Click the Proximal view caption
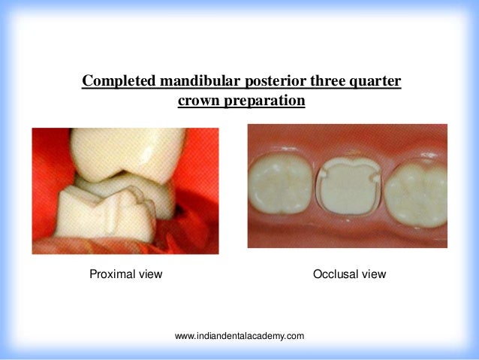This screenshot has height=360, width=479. point(125,274)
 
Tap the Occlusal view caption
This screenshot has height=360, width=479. point(349,274)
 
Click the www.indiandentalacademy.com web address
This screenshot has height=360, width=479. point(239,336)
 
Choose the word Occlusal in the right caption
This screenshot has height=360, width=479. point(336,274)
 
